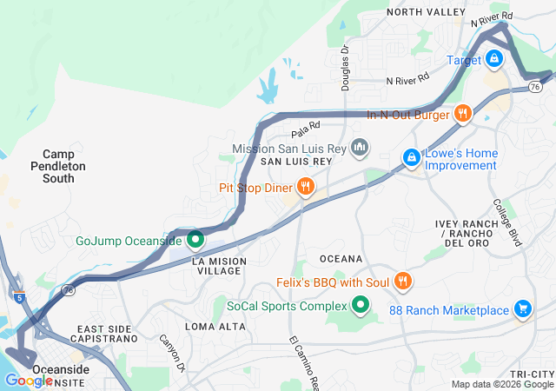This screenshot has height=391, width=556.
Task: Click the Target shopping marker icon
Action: pos(493,59)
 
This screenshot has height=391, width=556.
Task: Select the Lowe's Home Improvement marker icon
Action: pos(411,157)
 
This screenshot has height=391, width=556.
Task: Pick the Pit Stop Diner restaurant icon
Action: pos(305,187)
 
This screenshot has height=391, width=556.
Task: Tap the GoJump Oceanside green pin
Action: pos(195,240)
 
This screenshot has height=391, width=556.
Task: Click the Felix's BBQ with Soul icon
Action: pos(402,282)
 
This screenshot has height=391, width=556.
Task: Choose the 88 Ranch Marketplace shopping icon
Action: pos(521,309)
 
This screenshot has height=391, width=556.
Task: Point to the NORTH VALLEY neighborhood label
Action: pos(427,11)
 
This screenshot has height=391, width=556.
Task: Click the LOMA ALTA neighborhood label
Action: pos(209,326)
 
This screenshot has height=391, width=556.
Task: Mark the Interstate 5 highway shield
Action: pos(19,297)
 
